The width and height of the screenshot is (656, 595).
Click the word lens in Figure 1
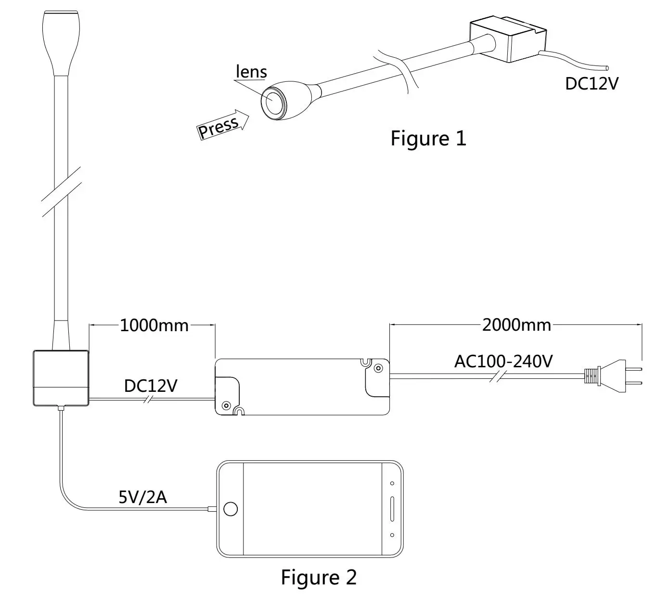[251, 72]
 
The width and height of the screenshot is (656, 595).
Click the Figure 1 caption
[428, 139]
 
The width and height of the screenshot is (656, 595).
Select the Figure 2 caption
[319, 577]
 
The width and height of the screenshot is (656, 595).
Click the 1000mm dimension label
[154, 326]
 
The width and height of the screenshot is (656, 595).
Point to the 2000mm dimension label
[517, 325]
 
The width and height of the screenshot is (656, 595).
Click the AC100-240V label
[503, 362]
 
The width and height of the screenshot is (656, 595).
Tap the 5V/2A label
[142, 497]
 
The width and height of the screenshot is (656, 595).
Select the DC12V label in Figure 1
[592, 84]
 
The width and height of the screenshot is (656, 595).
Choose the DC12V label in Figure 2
[151, 386]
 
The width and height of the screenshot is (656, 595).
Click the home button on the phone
[231, 509]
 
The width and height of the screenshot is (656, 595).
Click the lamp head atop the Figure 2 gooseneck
[61, 42]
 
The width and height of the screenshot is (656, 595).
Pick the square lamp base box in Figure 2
[61, 378]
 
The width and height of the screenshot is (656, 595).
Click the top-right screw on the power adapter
[378, 368]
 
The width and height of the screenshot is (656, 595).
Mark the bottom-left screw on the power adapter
[226, 406]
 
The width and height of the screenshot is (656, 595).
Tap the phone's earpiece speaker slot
[392, 509]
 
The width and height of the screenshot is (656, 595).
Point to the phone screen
[313, 509]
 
